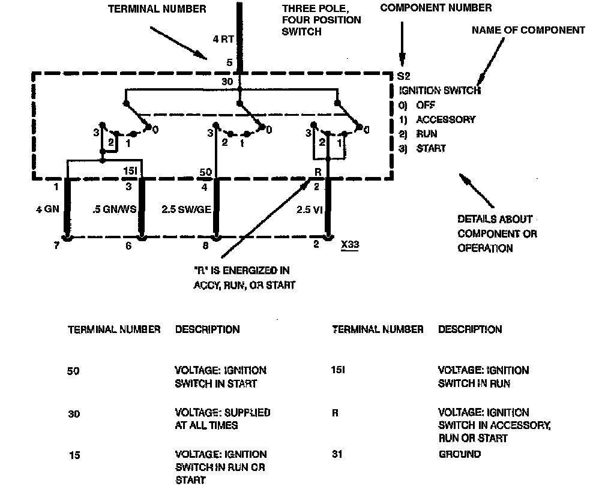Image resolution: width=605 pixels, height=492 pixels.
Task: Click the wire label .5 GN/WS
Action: (115, 209)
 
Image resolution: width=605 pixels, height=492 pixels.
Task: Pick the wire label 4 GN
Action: (47, 209)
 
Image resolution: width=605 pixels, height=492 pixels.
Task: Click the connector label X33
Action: (349, 245)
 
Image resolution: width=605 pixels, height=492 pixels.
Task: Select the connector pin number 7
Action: (57, 245)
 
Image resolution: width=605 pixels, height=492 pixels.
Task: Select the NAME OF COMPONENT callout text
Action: (528, 30)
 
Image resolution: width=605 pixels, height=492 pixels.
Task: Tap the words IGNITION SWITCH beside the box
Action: (439, 91)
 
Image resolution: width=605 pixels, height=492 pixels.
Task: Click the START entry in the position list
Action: (431, 148)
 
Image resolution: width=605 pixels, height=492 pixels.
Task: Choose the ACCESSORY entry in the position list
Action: (445, 119)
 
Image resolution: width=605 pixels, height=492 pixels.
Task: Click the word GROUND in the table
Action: (460, 454)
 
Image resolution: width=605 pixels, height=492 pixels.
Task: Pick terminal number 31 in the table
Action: (337, 454)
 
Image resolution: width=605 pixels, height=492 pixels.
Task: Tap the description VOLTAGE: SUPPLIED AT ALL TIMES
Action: (222, 419)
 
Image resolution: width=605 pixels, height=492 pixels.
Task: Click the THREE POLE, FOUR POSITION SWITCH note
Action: (322, 20)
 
